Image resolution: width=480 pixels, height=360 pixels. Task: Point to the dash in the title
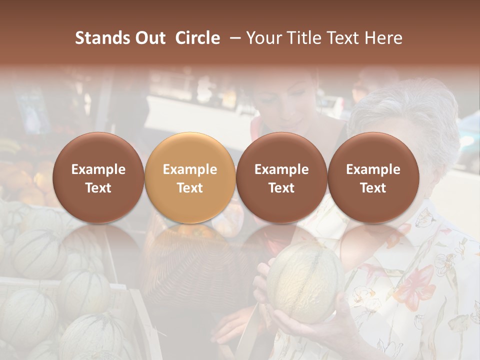pos(233,38)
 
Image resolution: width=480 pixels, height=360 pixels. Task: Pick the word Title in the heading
pos(304,38)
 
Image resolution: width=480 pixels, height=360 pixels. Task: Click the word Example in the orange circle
pos(190,169)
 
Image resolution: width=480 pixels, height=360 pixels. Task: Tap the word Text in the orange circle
pos(190,188)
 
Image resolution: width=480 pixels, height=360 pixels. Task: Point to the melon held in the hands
pos(304,283)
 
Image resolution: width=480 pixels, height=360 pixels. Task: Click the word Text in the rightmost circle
pos(373,188)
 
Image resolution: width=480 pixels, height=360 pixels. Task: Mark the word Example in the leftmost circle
pos(98,169)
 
